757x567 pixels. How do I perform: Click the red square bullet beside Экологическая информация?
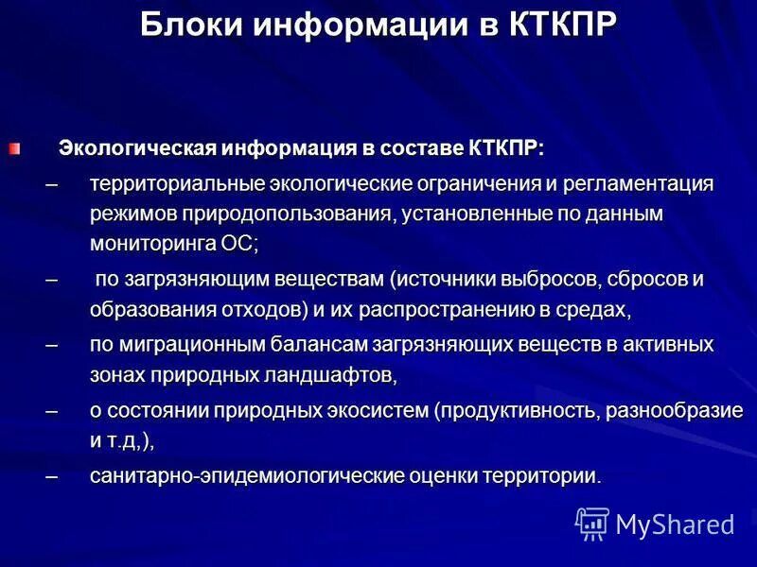pos(13,147)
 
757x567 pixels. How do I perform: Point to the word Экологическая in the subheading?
pos(138,148)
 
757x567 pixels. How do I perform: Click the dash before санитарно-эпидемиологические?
pos(51,476)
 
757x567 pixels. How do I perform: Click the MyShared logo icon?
pos(592,523)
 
